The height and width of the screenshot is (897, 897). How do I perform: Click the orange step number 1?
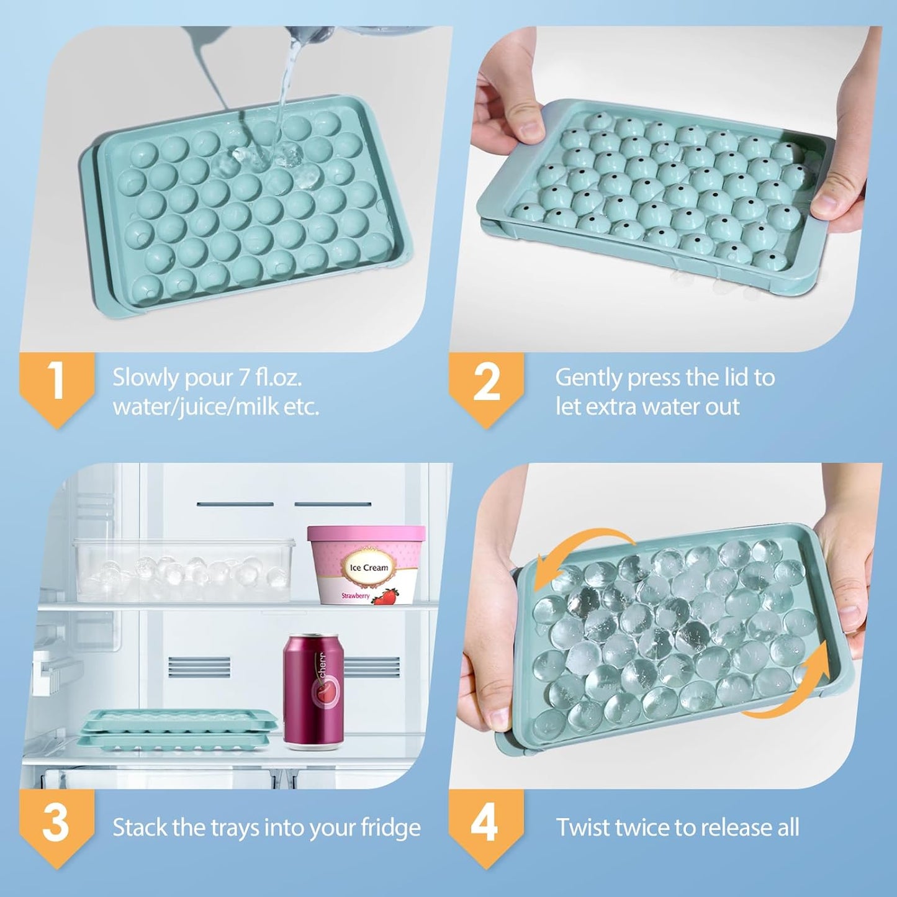[x=56, y=381]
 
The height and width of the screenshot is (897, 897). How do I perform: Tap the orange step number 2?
[x=486, y=382]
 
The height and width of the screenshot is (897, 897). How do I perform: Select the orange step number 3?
[x=56, y=823]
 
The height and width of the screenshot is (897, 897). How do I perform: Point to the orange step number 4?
[x=485, y=824]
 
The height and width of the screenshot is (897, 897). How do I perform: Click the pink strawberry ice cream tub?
[x=366, y=565]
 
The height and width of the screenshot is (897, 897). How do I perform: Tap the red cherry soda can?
[x=313, y=690]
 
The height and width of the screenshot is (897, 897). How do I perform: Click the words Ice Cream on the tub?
[x=369, y=567]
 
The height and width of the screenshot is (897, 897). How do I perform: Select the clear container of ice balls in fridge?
[x=184, y=570]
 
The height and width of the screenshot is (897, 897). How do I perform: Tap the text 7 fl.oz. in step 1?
[x=271, y=377]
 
